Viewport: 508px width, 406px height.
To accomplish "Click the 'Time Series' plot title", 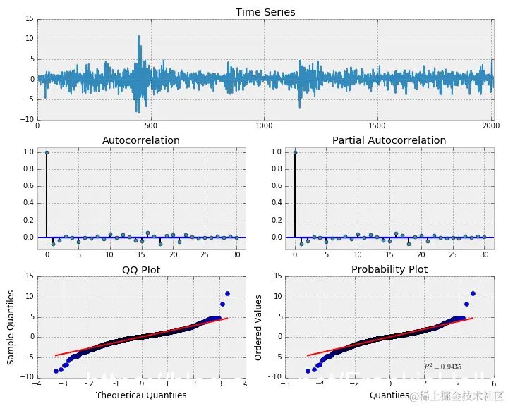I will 265,12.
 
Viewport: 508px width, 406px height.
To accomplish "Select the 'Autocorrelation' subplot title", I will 141,140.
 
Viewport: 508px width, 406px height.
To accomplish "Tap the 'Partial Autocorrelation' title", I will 389,140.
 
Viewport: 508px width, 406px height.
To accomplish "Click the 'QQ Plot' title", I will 141,269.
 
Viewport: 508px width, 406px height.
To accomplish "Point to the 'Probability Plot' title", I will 389,269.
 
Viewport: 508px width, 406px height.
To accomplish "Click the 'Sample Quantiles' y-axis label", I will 11,327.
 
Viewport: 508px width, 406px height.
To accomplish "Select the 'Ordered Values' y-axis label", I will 259,327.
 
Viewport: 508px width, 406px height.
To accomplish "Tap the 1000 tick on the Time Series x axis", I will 264,125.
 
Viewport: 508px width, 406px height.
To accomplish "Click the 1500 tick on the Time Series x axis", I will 377,125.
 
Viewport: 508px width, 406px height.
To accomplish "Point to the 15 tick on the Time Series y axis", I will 30,19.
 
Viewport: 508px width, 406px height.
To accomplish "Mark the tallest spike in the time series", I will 138,35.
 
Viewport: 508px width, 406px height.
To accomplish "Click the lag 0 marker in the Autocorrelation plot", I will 47,152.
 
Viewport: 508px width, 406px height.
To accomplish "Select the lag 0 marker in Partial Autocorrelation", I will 295,152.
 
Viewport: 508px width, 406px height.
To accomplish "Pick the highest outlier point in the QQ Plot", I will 227,293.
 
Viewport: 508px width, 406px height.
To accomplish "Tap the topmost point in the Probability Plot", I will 473,293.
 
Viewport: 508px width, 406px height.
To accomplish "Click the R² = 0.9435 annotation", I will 442,367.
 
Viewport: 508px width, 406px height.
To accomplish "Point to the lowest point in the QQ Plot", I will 56,371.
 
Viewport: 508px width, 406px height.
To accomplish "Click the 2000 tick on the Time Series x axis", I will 490,125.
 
